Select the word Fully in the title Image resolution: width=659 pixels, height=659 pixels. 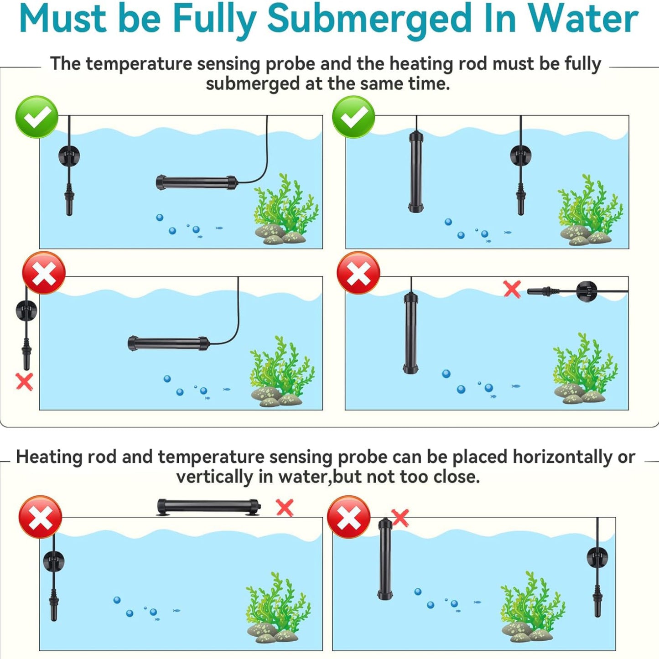[x=215, y=21]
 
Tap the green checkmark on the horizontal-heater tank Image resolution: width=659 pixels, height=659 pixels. [x=37, y=117]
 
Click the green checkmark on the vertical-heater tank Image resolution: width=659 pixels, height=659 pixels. [x=353, y=117]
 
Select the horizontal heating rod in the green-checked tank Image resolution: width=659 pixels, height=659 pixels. [x=197, y=182]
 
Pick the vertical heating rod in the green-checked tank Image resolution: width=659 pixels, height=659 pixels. [x=416, y=171]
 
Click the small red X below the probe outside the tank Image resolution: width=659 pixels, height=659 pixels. [x=25, y=381]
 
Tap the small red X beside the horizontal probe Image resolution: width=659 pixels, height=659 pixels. [x=512, y=289]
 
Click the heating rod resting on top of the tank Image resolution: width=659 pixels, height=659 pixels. [x=209, y=507]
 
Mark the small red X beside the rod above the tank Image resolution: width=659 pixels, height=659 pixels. [x=285, y=508]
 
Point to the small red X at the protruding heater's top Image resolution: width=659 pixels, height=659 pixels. [x=400, y=518]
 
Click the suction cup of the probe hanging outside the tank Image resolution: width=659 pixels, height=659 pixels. [x=26, y=310]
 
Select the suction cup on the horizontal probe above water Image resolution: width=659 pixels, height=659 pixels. [x=587, y=291]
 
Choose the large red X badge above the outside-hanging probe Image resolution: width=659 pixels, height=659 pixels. [x=44, y=273]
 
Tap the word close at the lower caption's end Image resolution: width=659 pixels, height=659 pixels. [x=457, y=477]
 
